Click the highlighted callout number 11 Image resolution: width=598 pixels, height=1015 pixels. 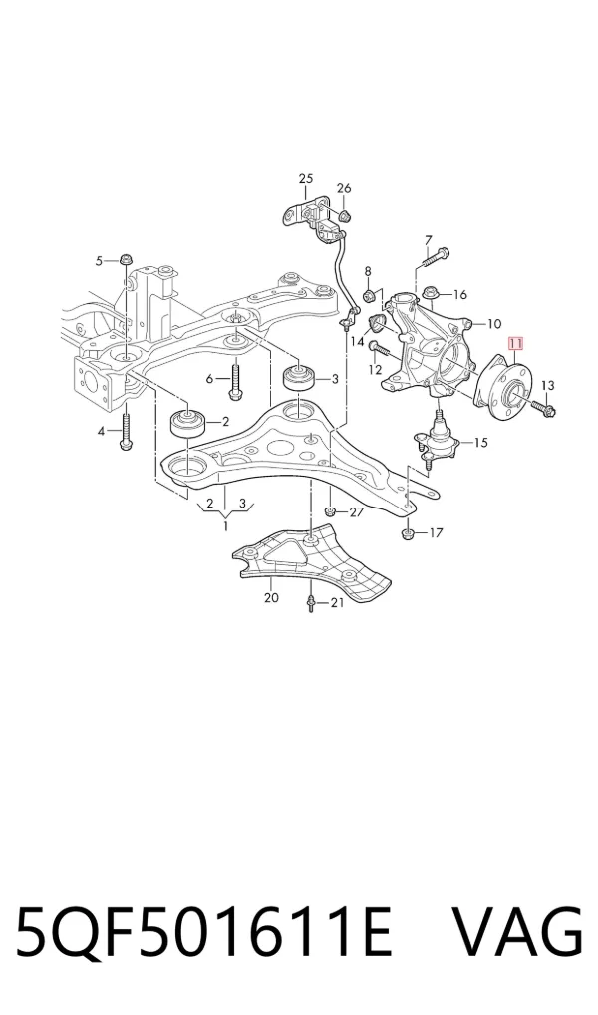pyautogui.click(x=517, y=344)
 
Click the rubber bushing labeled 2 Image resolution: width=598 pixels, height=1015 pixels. pyautogui.click(x=186, y=424)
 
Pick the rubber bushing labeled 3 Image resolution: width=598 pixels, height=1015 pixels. pyautogui.click(x=300, y=378)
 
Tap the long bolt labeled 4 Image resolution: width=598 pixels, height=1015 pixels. pyautogui.click(x=126, y=430)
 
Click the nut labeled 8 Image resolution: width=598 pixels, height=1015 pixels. pyautogui.click(x=368, y=296)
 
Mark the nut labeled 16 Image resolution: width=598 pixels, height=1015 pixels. pyautogui.click(x=430, y=294)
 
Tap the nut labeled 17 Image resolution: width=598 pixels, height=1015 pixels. pyautogui.click(x=408, y=534)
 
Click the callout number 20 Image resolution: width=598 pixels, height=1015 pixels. pyautogui.click(x=272, y=597)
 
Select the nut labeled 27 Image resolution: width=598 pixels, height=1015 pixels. pyautogui.click(x=330, y=512)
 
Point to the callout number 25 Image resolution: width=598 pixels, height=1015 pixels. pyautogui.click(x=305, y=178)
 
